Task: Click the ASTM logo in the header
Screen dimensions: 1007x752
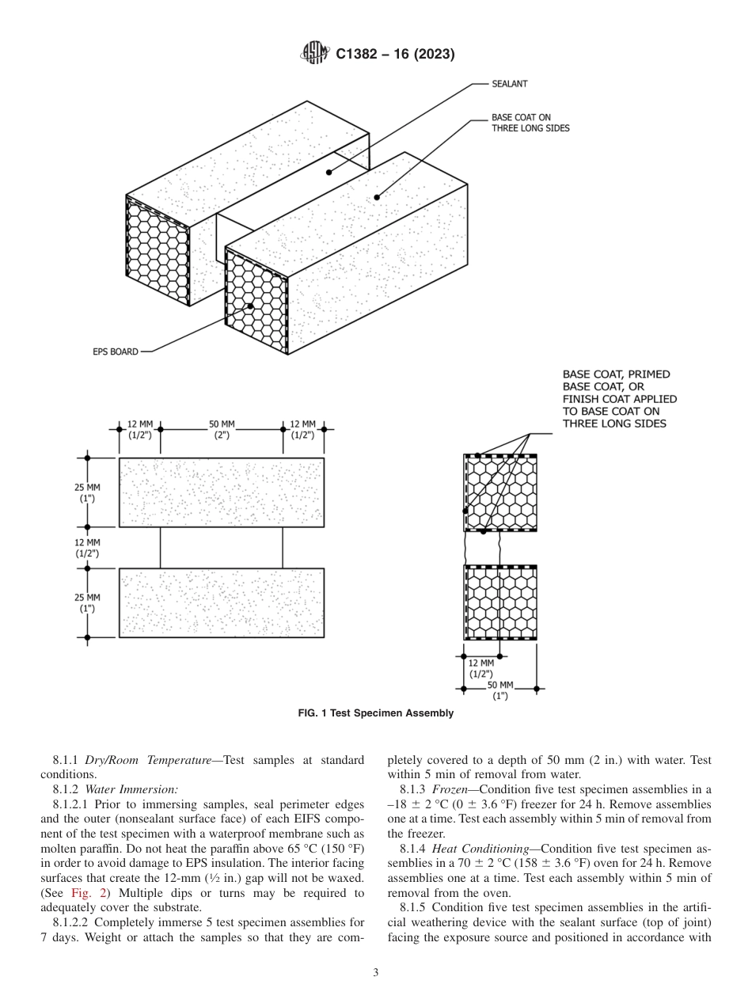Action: (316, 54)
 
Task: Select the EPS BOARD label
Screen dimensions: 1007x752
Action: (116, 351)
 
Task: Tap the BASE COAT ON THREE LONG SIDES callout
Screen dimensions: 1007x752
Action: (530, 123)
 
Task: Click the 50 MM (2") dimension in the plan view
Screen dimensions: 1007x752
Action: (221, 430)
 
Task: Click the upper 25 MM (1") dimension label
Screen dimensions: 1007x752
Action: (87, 493)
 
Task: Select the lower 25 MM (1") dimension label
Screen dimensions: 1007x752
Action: (87, 602)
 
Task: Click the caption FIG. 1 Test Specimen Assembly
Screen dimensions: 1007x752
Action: (375, 713)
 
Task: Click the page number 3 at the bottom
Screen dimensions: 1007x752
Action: (376, 973)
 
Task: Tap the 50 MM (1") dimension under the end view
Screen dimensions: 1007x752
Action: (500, 690)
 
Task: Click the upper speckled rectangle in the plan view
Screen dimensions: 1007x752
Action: (222, 492)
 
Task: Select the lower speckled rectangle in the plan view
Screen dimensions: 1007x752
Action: (222, 602)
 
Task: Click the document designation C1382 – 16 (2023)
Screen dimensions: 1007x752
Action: (395, 55)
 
